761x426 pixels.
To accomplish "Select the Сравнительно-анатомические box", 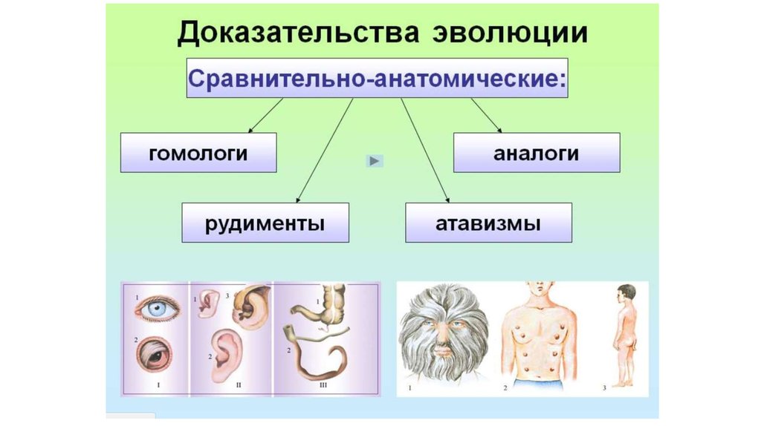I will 377,77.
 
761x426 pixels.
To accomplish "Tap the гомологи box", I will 198,153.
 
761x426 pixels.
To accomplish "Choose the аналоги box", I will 537,153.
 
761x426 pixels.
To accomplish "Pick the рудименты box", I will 265,222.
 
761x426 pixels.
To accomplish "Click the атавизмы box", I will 488,222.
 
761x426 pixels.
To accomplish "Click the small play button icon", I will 375,160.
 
